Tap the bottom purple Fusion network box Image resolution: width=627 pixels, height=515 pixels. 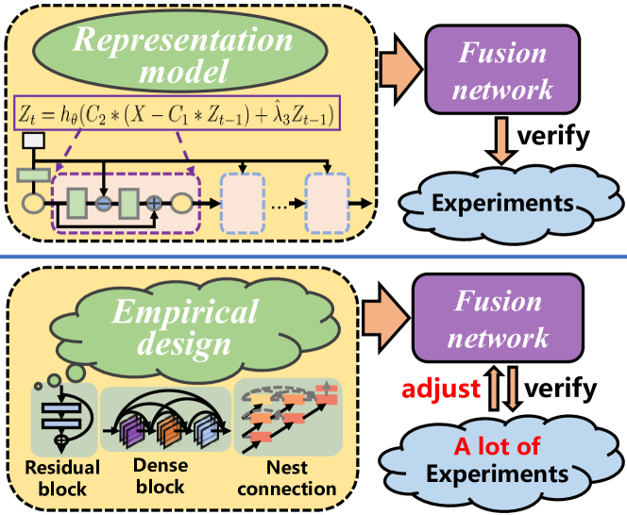click(x=500, y=320)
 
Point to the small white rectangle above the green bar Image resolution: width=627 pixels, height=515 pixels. click(x=34, y=142)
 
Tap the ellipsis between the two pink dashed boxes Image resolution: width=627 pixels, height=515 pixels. click(x=282, y=203)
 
